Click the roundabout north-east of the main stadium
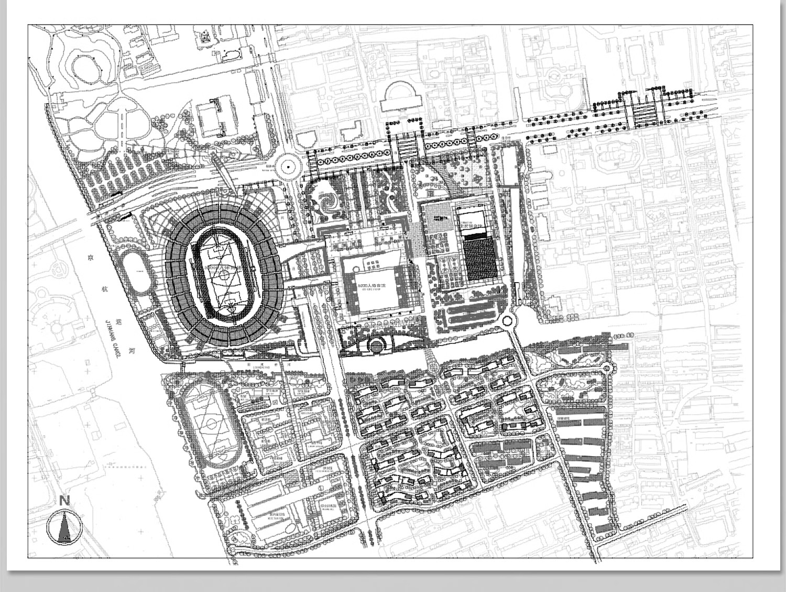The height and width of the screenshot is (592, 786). tap(288, 167)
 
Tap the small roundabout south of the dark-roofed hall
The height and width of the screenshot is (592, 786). tap(507, 320)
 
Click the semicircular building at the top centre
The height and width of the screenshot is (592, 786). tap(401, 96)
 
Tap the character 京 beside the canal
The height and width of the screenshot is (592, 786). tap(90, 258)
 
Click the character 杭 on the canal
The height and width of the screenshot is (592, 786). tap(104, 282)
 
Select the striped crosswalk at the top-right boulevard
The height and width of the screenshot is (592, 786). tap(644, 113)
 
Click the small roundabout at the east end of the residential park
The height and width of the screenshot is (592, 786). tap(608, 367)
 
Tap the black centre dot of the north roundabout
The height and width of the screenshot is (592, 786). tap(288, 167)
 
